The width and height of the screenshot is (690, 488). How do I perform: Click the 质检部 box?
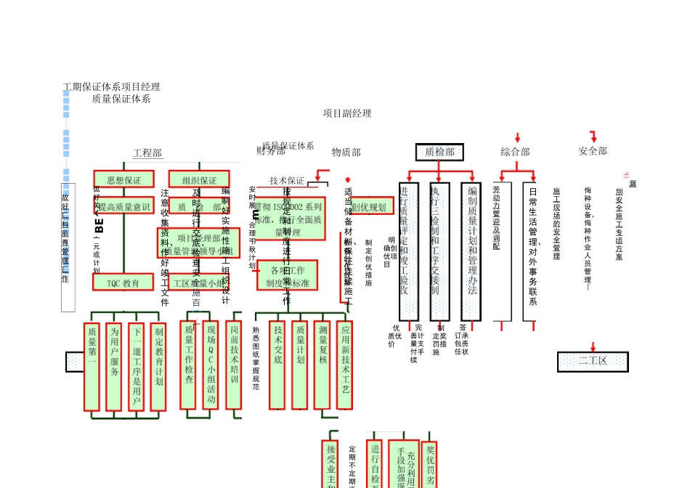point(439,152)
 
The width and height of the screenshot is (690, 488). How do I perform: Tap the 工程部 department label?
point(147,153)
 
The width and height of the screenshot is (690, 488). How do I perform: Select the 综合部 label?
point(515,152)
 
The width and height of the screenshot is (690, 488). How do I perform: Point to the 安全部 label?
point(593,151)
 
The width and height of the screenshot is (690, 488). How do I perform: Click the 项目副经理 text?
point(347,113)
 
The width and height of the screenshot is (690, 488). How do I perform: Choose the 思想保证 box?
point(124,179)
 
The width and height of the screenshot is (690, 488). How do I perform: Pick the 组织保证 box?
point(199,180)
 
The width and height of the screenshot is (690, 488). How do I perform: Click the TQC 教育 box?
point(123,282)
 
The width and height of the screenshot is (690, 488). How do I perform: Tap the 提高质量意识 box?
point(123,207)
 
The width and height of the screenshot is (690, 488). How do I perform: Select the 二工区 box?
point(593,361)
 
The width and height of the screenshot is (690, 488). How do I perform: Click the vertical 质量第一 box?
point(92,367)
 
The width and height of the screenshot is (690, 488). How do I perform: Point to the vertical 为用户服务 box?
point(114,367)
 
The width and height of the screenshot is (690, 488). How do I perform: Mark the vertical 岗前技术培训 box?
point(234,365)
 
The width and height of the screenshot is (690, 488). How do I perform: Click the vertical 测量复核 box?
point(322,365)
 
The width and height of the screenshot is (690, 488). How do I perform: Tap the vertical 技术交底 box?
point(277,365)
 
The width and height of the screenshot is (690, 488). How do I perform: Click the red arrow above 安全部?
point(593,137)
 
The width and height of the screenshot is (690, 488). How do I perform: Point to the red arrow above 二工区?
point(593,346)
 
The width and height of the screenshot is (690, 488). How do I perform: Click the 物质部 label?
point(346,152)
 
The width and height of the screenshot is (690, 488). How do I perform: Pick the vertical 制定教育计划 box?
point(158,367)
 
